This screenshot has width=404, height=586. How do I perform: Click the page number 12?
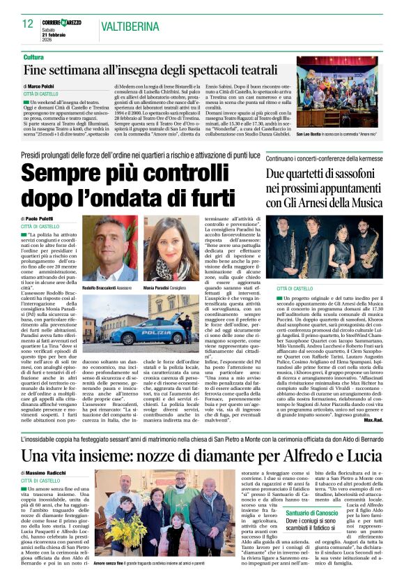pos(29,24)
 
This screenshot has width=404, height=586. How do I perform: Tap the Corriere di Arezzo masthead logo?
pos(66,22)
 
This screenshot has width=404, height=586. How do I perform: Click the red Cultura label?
pos(33,57)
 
